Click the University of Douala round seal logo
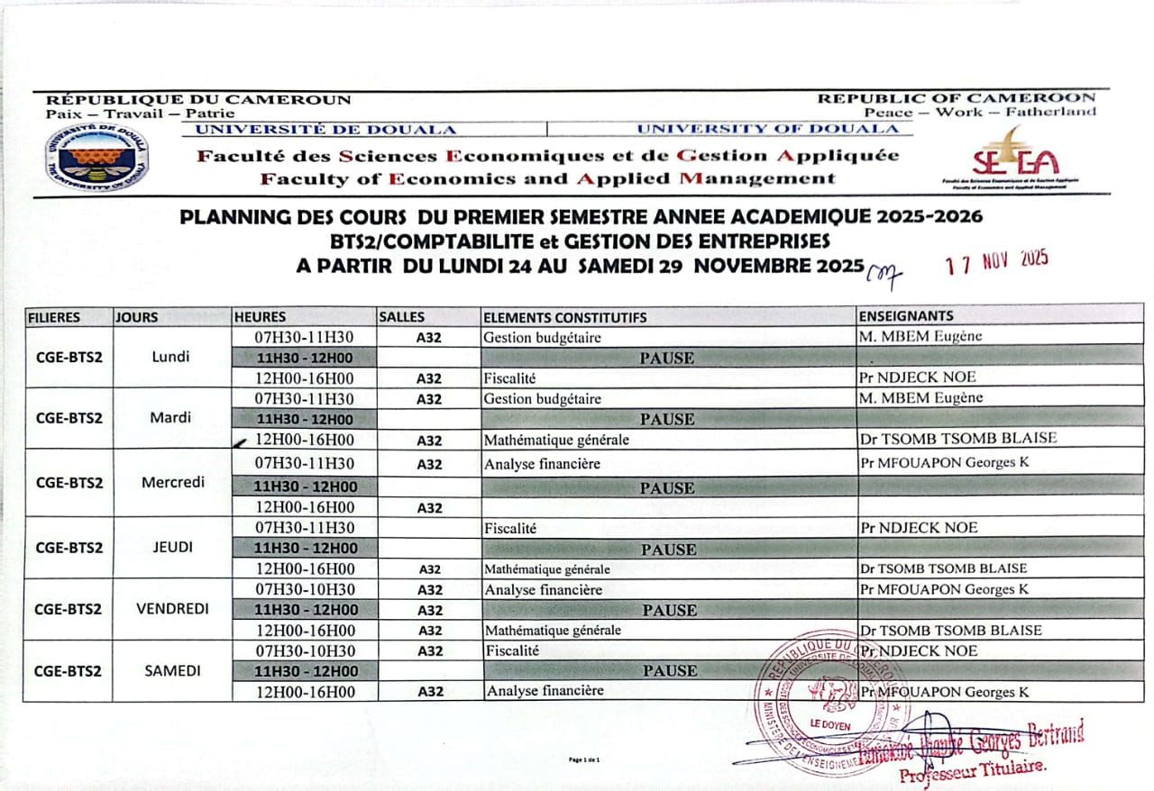coord(97,157)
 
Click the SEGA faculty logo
coord(1016,158)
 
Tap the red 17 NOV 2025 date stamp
coord(996,262)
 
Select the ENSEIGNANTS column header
coord(905,316)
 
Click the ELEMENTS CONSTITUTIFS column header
coord(564,317)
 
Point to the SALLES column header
coord(402,317)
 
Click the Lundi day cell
coord(171,357)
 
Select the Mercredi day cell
coord(172,482)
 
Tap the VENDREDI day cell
coord(172,608)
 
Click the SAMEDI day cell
coord(172,671)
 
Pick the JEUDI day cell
coord(172,547)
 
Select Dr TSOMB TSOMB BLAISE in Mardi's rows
coord(957,439)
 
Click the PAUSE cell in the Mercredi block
coord(667,488)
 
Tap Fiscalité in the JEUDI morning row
coord(510,528)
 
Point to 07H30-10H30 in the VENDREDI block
coord(305,589)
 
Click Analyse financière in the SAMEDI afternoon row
coord(545,691)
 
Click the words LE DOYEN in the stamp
coord(829,724)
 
